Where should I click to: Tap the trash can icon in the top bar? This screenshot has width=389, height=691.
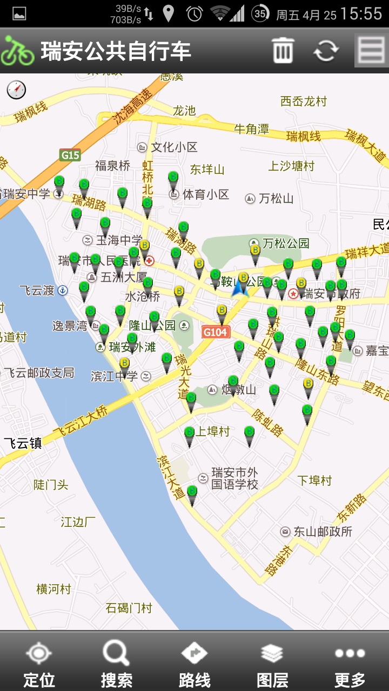coord(283,50)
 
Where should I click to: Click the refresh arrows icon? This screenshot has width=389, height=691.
coord(326,50)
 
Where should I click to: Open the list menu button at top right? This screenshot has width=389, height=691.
coord(371,50)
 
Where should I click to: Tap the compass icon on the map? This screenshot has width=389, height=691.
coord(16,90)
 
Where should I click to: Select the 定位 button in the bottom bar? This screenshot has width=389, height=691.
coord(39,664)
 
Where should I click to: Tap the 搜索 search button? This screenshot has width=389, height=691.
coord(116,664)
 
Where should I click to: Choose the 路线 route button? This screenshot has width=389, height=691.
coord(194,664)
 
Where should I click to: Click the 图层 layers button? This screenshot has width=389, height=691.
coord(272,664)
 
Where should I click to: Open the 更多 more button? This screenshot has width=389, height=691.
coord(350,664)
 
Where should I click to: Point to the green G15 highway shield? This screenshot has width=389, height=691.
coord(70,155)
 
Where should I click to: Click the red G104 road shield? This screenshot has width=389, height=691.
coord(216,332)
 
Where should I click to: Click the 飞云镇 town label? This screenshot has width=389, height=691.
coord(23,443)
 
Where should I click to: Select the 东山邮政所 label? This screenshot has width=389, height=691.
coord(323,532)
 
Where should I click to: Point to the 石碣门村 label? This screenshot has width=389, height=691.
coord(129,608)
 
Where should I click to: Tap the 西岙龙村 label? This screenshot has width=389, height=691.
coord(304,101)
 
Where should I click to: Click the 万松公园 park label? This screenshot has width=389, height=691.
coord(286,243)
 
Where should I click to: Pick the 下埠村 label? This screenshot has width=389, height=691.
coord(314,480)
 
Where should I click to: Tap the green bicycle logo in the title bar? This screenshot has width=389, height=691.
coord(17,51)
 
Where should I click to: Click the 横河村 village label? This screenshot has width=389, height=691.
coord(53,588)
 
